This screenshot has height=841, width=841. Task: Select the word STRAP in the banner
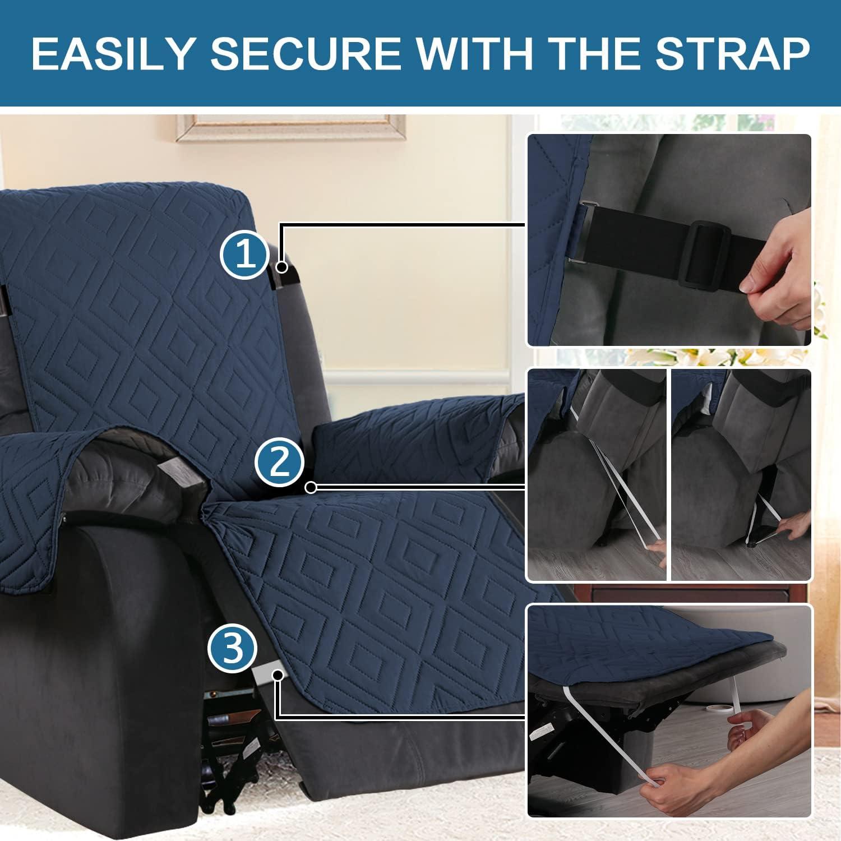[732, 54]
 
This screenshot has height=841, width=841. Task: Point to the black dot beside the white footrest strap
[278, 677]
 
